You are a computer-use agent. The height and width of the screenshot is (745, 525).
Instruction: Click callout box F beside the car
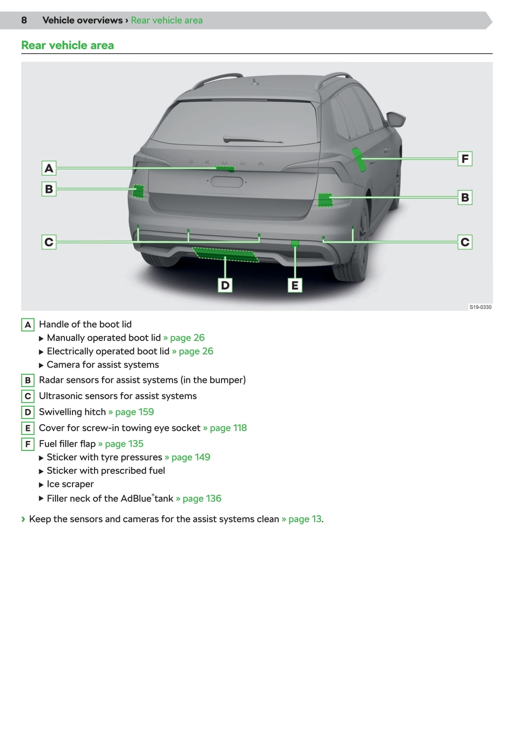coord(465,159)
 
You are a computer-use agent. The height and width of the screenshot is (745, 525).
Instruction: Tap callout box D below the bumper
coord(225,285)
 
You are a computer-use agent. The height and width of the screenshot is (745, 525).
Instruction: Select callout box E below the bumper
coord(294,285)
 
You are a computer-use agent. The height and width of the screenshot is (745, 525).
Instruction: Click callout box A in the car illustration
coord(49,168)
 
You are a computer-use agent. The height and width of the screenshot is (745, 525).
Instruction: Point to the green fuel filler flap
coord(359,159)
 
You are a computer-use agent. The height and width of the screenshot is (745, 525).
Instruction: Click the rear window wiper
coord(253,139)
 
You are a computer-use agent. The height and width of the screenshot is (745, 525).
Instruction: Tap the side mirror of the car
coord(396,119)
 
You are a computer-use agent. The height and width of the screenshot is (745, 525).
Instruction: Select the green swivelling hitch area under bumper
coord(226,254)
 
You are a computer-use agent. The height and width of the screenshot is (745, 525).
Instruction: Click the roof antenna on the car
coord(255,82)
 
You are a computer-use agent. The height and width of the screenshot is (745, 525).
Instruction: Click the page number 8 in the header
coord(24,20)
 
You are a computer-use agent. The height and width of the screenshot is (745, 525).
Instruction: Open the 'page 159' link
coord(134,412)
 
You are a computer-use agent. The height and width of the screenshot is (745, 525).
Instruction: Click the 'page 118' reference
coord(228,428)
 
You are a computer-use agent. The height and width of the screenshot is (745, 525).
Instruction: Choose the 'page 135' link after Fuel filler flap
coord(124,444)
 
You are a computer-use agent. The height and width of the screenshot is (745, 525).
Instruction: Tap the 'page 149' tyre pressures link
coord(190,457)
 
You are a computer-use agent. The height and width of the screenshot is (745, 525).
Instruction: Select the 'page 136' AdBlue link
coord(202,498)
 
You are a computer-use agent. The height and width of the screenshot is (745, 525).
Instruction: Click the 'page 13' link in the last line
coord(304,519)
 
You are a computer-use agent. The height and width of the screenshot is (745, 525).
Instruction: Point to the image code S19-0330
coord(480,307)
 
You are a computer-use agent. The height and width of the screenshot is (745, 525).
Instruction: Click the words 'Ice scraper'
coord(70,484)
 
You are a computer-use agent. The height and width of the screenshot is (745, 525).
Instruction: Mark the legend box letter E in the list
coord(28,428)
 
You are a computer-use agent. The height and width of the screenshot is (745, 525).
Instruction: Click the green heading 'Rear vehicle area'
coord(68,45)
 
